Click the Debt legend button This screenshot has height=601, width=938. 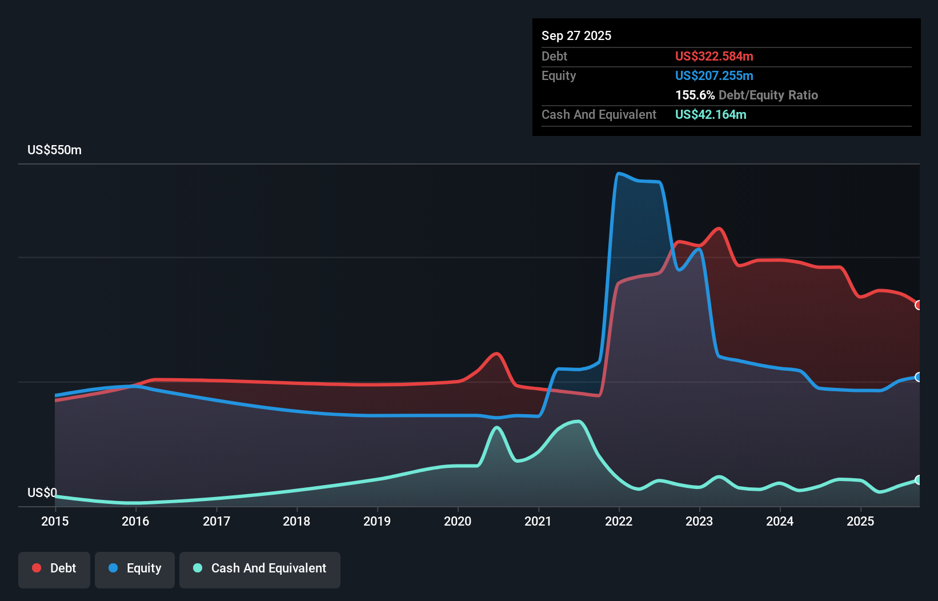(54, 568)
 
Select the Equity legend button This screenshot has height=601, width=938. (135, 568)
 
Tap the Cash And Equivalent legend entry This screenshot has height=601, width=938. (260, 568)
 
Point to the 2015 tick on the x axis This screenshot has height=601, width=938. (55, 521)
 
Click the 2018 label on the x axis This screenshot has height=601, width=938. (296, 521)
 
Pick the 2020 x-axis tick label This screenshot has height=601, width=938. (458, 521)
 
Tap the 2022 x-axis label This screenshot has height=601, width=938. (619, 521)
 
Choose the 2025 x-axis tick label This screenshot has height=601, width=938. (860, 521)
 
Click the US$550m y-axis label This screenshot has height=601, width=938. (54, 150)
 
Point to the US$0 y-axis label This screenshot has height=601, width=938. (42, 492)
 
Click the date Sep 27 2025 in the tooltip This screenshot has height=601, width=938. (576, 35)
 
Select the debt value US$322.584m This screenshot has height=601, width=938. (713, 56)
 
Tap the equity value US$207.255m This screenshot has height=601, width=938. (713, 75)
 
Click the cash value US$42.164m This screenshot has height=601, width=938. (710, 114)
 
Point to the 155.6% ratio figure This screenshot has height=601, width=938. (695, 95)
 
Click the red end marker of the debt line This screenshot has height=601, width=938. (919, 305)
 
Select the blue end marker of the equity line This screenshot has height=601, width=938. (919, 377)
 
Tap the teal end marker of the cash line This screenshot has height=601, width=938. (919, 480)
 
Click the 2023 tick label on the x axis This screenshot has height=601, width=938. (699, 521)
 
